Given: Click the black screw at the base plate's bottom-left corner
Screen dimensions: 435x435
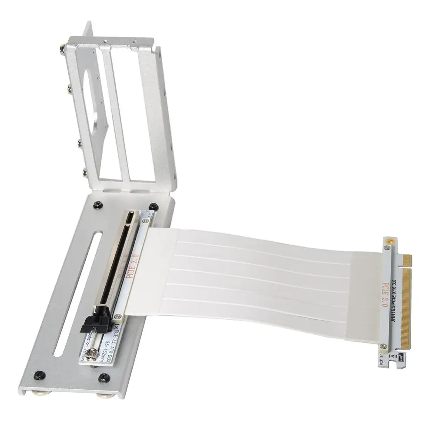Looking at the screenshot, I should click(40, 373).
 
